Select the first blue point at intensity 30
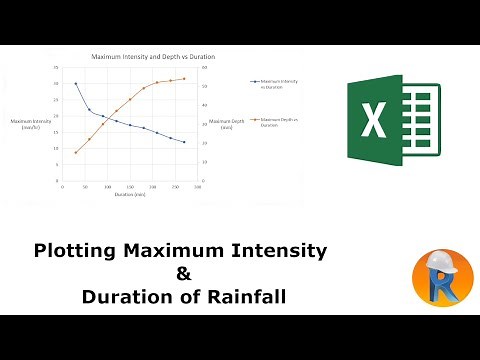pyautogui.click(x=76, y=84)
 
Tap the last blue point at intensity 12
pyautogui.click(x=184, y=142)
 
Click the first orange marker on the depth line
pyautogui.click(x=76, y=152)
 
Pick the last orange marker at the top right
pyautogui.click(x=184, y=79)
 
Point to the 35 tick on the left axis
pyautogui.click(x=56, y=68)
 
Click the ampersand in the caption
pyautogui.click(x=182, y=273)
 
